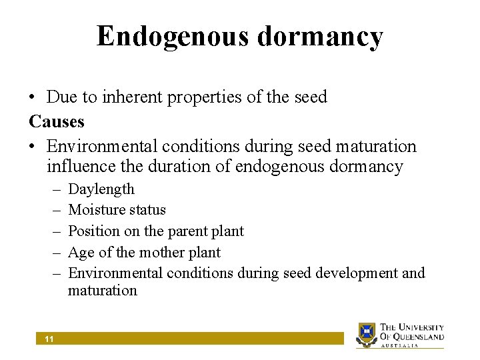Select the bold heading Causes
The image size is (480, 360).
pyautogui.click(x=57, y=121)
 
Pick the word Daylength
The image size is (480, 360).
pyautogui.click(x=101, y=189)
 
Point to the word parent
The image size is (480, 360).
pyautogui.click(x=189, y=231)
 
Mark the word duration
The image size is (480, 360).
pyautogui.click(x=189, y=166)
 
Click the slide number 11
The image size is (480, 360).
pyautogui.click(x=49, y=339)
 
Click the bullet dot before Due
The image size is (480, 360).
pyautogui.click(x=33, y=98)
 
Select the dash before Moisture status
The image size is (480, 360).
pyautogui.click(x=55, y=210)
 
